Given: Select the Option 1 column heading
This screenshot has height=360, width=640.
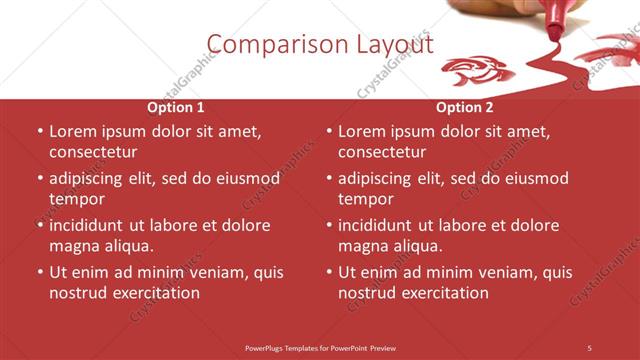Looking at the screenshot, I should coord(176,107).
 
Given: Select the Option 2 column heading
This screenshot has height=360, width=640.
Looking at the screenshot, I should coord(464,107).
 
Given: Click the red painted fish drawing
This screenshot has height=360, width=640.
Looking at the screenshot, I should coord(478,70).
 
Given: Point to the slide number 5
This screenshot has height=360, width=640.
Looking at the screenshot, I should coord(589,347).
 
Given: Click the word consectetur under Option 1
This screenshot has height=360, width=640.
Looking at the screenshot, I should coord(93,152).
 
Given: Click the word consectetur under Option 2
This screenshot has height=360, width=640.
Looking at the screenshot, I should coord(382,152).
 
